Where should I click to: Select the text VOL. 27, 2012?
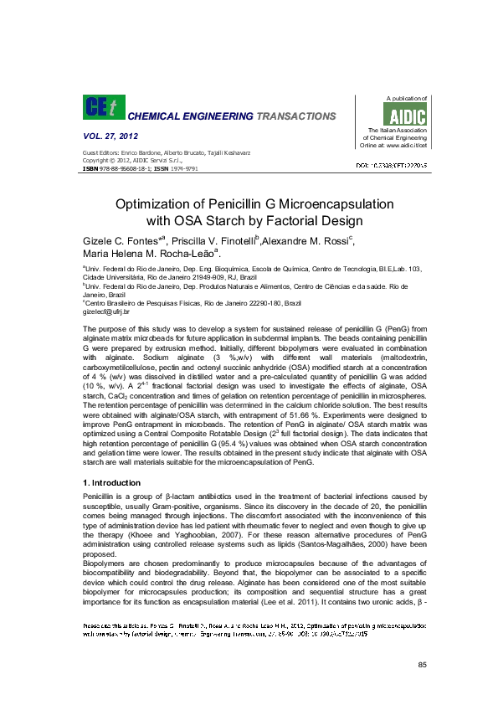click(110, 136)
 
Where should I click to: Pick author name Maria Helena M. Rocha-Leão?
click(147, 254)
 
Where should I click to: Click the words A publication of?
click(403, 98)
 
